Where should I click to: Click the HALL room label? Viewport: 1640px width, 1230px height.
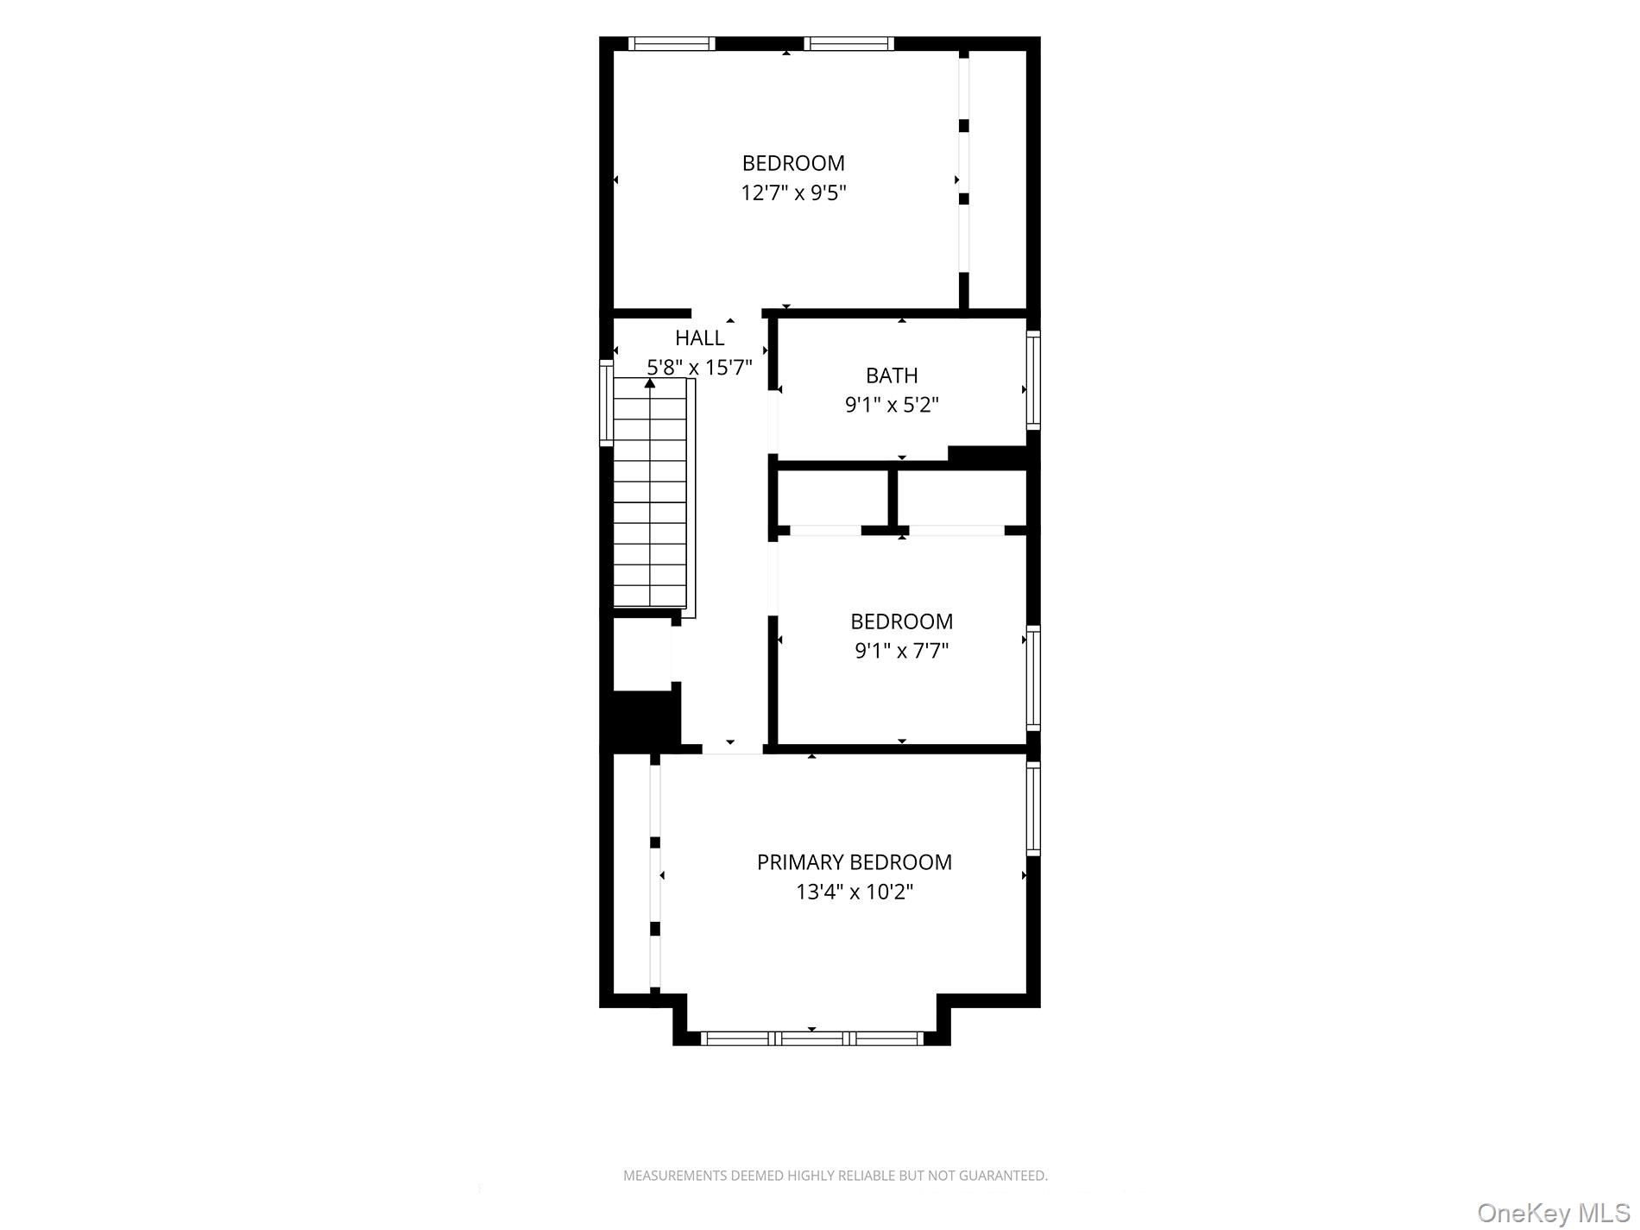(x=699, y=337)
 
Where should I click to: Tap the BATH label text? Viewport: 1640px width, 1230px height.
(x=892, y=375)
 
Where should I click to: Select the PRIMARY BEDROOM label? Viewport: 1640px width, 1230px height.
(x=855, y=862)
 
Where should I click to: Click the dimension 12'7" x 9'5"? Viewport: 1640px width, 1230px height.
(x=793, y=192)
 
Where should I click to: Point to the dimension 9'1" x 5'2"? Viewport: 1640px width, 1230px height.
(x=892, y=404)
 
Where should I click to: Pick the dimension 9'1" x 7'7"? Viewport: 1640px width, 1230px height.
(x=902, y=650)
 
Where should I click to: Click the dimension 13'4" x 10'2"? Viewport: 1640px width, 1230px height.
(x=855, y=892)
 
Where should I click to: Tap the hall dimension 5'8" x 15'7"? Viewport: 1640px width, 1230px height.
(x=700, y=367)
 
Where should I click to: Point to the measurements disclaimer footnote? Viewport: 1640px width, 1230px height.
(x=835, y=1176)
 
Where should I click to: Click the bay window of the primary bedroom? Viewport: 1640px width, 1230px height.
(x=811, y=1038)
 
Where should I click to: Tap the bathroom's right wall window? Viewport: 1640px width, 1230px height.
(x=1033, y=380)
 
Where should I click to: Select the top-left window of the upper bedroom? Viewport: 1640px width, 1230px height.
(x=672, y=43)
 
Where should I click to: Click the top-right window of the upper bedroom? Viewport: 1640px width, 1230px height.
(x=849, y=43)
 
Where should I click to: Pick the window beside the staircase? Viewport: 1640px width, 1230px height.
(x=606, y=403)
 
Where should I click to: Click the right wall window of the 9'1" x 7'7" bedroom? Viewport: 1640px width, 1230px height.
(x=1033, y=678)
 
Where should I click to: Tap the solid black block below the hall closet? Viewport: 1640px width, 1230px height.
(x=640, y=718)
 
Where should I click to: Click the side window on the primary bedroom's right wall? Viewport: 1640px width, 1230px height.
(x=1033, y=807)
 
